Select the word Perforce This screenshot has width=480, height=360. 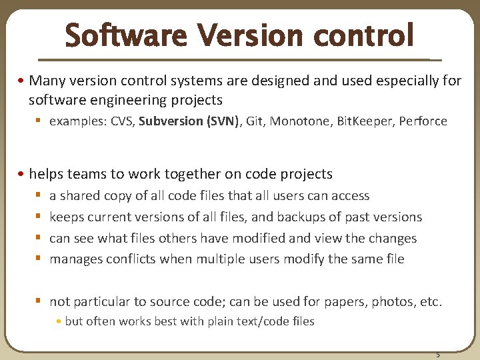click(x=423, y=121)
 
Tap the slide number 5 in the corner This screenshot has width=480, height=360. click(x=438, y=354)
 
